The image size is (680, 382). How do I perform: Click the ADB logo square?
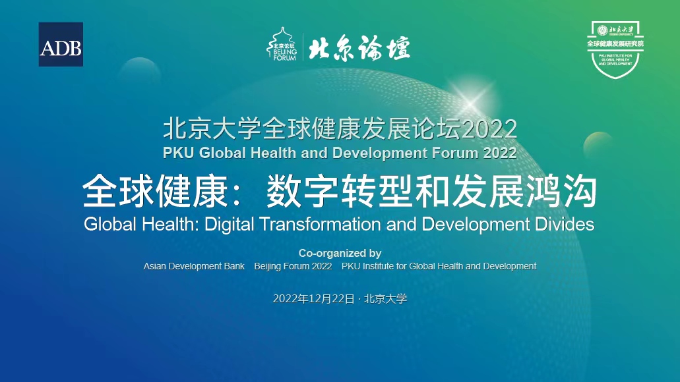point(61,44)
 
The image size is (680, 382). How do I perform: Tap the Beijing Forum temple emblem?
point(282,43)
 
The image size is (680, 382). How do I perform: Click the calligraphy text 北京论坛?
point(359,47)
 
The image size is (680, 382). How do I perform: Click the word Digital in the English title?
point(230,225)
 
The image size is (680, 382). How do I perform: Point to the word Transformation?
point(321,225)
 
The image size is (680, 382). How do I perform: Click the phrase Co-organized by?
point(340,253)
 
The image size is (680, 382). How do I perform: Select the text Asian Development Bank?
point(194,266)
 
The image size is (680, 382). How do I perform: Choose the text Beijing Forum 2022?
point(293,266)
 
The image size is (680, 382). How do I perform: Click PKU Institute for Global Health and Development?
point(439,266)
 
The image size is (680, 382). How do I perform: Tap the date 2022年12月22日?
point(313,299)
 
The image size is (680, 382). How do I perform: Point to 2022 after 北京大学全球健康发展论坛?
point(489,129)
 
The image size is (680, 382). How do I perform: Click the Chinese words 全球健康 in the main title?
point(154,191)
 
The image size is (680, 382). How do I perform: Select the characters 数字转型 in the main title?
point(339,191)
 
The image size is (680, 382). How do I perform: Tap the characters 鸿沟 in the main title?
point(561,191)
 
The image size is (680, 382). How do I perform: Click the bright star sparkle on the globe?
point(471,103)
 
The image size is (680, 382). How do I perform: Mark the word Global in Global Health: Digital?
point(110,225)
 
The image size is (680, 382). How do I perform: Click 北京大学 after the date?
point(386,299)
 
